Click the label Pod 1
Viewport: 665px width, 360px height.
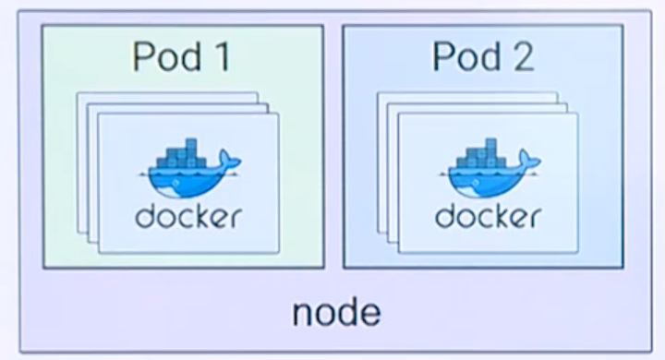(x=181, y=57)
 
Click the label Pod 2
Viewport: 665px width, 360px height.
(x=483, y=57)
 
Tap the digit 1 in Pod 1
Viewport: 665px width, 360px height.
(x=220, y=57)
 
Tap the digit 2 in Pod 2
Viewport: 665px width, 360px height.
(x=524, y=57)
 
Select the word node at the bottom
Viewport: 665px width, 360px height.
(x=336, y=312)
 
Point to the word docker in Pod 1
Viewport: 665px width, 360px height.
(x=188, y=217)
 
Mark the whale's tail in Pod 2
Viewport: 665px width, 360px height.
(x=529, y=165)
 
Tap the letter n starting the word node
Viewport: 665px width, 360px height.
(x=303, y=314)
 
